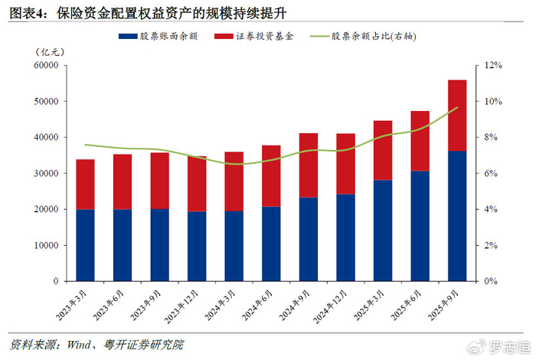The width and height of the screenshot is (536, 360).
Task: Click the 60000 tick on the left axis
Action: (46, 66)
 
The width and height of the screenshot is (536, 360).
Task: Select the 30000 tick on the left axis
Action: (46, 173)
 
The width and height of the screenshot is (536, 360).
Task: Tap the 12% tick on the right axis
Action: (490, 66)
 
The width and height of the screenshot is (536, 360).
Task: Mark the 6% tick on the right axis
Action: (488, 173)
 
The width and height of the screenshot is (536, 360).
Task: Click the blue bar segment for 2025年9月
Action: (457, 216)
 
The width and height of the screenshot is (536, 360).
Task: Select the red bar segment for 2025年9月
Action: (457, 115)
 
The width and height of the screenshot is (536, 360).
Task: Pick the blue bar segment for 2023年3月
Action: (86, 245)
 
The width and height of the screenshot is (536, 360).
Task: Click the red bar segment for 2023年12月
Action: (197, 183)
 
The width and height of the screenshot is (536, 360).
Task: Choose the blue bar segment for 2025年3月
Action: (383, 231)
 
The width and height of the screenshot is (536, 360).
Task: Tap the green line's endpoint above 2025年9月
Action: (457, 108)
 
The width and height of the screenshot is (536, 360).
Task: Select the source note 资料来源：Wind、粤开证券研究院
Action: (96, 344)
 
